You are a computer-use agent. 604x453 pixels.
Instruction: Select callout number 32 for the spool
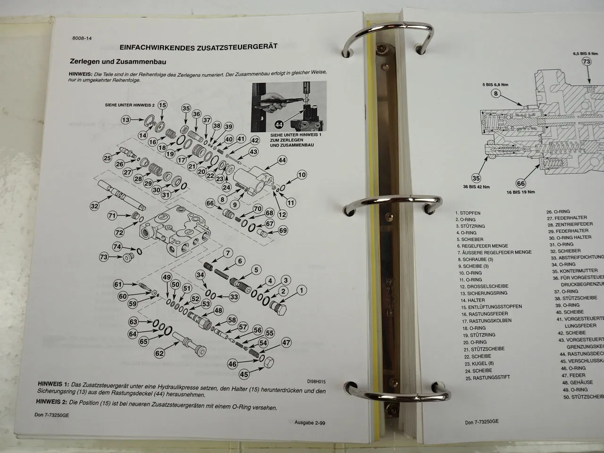[95, 206]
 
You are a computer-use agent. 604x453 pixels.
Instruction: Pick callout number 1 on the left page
[301, 291]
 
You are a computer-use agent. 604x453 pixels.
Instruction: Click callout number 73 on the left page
[104, 257]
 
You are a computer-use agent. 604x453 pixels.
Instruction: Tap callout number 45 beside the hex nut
[244, 374]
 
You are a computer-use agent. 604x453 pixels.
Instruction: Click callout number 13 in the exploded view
[126, 120]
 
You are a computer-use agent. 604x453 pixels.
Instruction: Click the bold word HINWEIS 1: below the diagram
[55, 384]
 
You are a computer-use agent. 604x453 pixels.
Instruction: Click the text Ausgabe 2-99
[310, 423]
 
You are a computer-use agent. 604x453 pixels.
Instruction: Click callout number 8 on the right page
[495, 93]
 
